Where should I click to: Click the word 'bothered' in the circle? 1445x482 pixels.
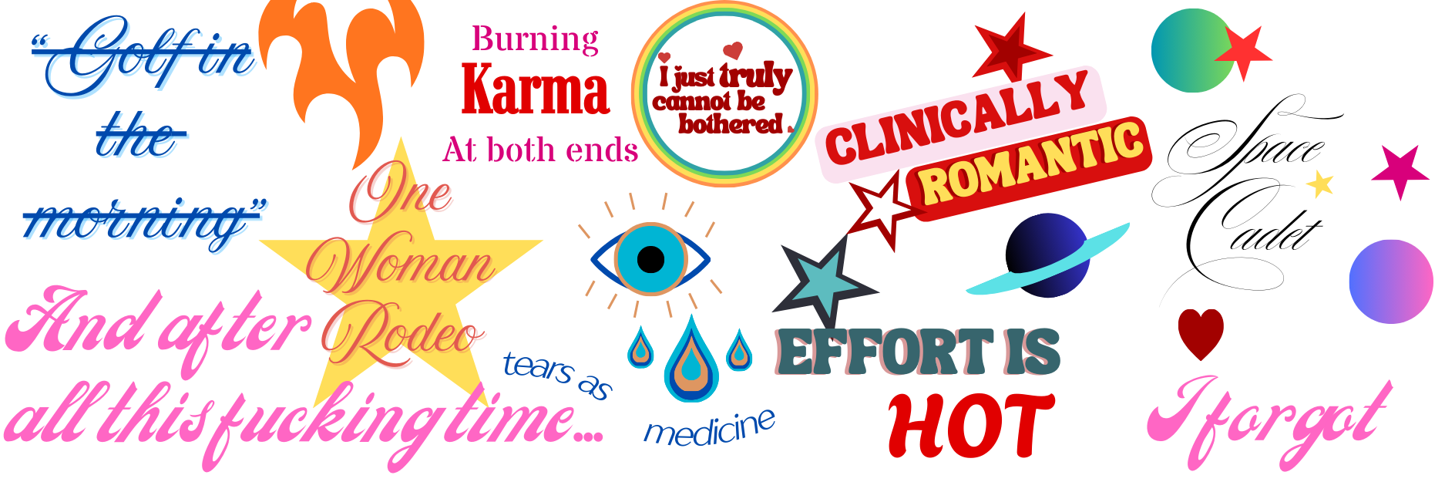730,124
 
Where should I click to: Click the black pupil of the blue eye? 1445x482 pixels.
651,260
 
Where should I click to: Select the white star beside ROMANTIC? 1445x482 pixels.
883,205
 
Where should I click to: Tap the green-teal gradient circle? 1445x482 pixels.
1183,50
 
